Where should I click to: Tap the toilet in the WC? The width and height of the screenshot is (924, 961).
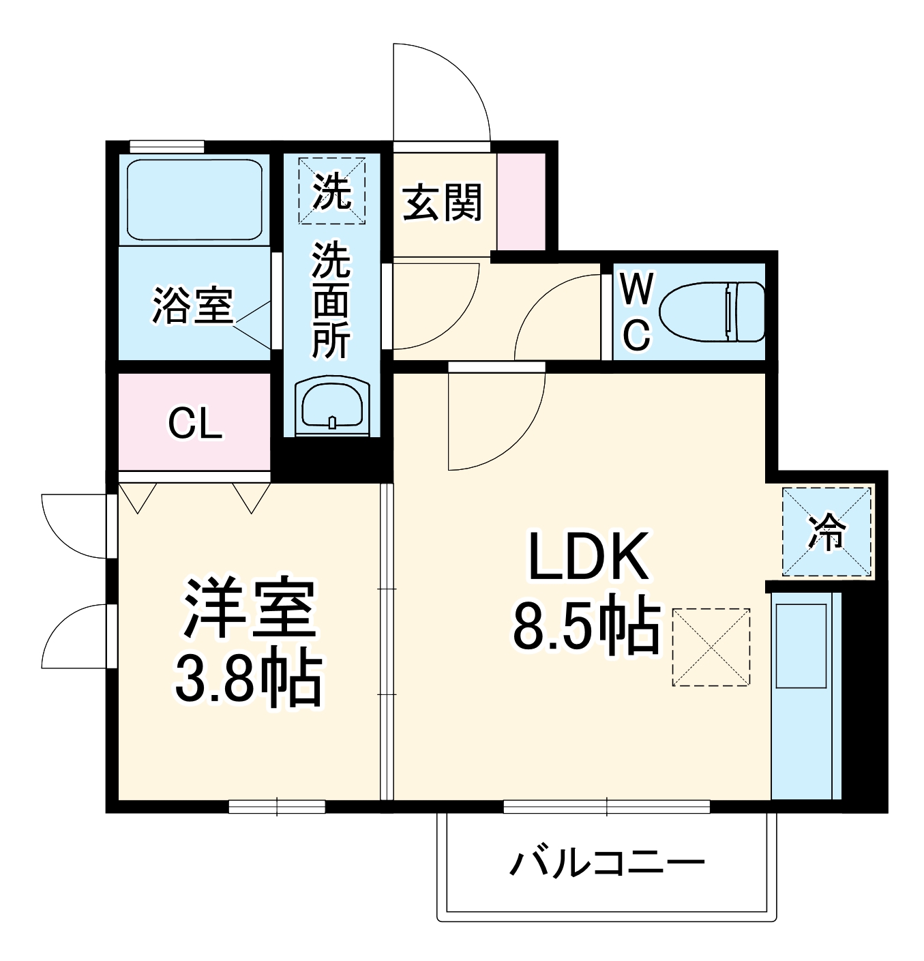pyautogui.click(x=712, y=312)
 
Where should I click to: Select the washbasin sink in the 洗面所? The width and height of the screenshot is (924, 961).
pyautogui.click(x=332, y=405)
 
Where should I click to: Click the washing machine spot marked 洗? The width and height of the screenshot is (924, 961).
pyautogui.click(x=332, y=191)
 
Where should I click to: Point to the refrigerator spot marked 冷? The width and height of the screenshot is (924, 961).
pyautogui.click(x=826, y=531)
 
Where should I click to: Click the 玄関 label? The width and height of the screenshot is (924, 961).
pyautogui.click(x=443, y=203)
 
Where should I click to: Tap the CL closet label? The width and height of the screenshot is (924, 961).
pyautogui.click(x=195, y=424)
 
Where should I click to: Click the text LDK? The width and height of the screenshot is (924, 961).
pyautogui.click(x=588, y=557)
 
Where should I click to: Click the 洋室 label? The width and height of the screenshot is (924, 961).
pyautogui.click(x=250, y=608)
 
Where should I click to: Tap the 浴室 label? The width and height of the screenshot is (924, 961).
pyautogui.click(x=192, y=306)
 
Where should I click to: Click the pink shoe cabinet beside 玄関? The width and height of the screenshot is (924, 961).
pyautogui.click(x=522, y=201)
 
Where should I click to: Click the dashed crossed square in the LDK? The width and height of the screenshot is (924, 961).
pyautogui.click(x=711, y=647)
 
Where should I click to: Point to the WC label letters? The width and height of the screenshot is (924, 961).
pyautogui.click(x=636, y=312)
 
